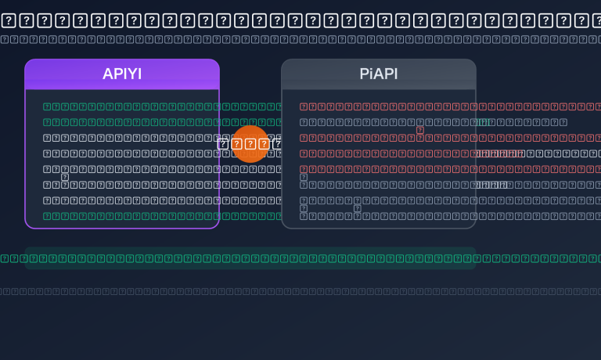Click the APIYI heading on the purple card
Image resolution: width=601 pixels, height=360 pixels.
[122, 74]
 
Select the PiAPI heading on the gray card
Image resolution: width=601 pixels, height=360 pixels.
[379, 74]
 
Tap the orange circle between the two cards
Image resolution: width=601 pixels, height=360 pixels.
[250, 143]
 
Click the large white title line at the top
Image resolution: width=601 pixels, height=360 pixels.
[300, 20]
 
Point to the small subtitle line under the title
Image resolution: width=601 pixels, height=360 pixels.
[300, 39]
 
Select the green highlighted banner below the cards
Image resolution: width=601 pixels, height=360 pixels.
[250, 258]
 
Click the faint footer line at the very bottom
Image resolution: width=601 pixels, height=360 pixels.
[300, 291]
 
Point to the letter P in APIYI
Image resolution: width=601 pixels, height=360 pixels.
[117, 74]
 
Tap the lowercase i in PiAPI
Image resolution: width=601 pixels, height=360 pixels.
[371, 74]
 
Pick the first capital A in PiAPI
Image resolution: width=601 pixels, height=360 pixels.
[378, 74]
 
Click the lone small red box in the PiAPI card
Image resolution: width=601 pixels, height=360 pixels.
[420, 131]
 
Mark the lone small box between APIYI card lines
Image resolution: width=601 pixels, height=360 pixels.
[65, 177]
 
